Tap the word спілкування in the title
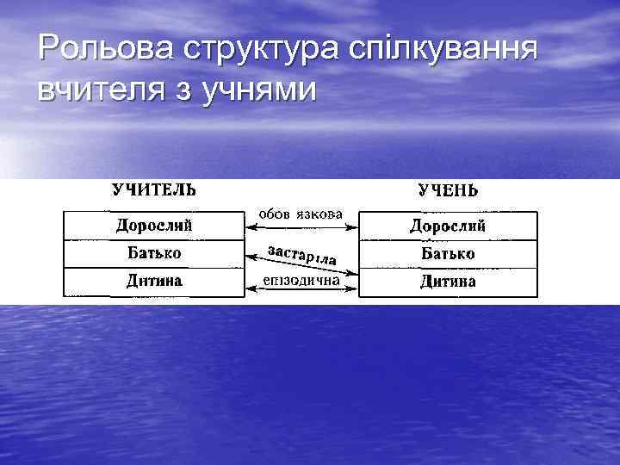tap(443, 50)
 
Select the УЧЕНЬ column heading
tap(448, 190)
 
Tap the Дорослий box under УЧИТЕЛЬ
tap(153, 226)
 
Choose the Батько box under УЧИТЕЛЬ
tap(153, 254)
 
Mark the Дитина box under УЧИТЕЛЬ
tap(153, 282)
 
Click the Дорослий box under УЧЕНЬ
tap(448, 226)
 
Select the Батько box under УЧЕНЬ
tap(448, 254)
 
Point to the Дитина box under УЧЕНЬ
tap(448, 282)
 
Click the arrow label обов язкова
tap(301, 214)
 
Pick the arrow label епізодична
tap(301, 281)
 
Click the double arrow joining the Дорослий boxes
tap(301, 226)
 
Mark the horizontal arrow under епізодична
tap(301, 292)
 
